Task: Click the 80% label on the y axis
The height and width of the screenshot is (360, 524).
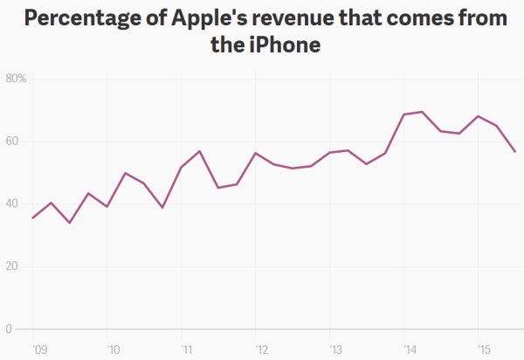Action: coord(17,79)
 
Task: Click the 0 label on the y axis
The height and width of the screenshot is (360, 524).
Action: coord(8,329)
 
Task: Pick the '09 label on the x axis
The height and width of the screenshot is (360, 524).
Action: coord(34,349)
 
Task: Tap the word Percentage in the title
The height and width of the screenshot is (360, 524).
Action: coord(86,17)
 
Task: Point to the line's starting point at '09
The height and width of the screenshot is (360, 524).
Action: coord(32,218)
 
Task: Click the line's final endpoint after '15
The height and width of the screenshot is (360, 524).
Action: coord(515,152)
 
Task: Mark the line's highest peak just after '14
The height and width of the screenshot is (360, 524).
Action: coord(423,112)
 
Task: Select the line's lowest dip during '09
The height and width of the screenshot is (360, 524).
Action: coord(70,223)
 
